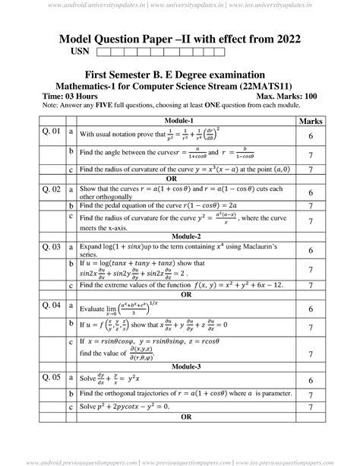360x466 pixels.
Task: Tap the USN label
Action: click(80, 52)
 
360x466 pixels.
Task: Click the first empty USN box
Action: click(105, 52)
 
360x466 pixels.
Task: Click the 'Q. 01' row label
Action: click(51, 132)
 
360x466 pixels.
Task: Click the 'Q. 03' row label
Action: click(51, 246)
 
